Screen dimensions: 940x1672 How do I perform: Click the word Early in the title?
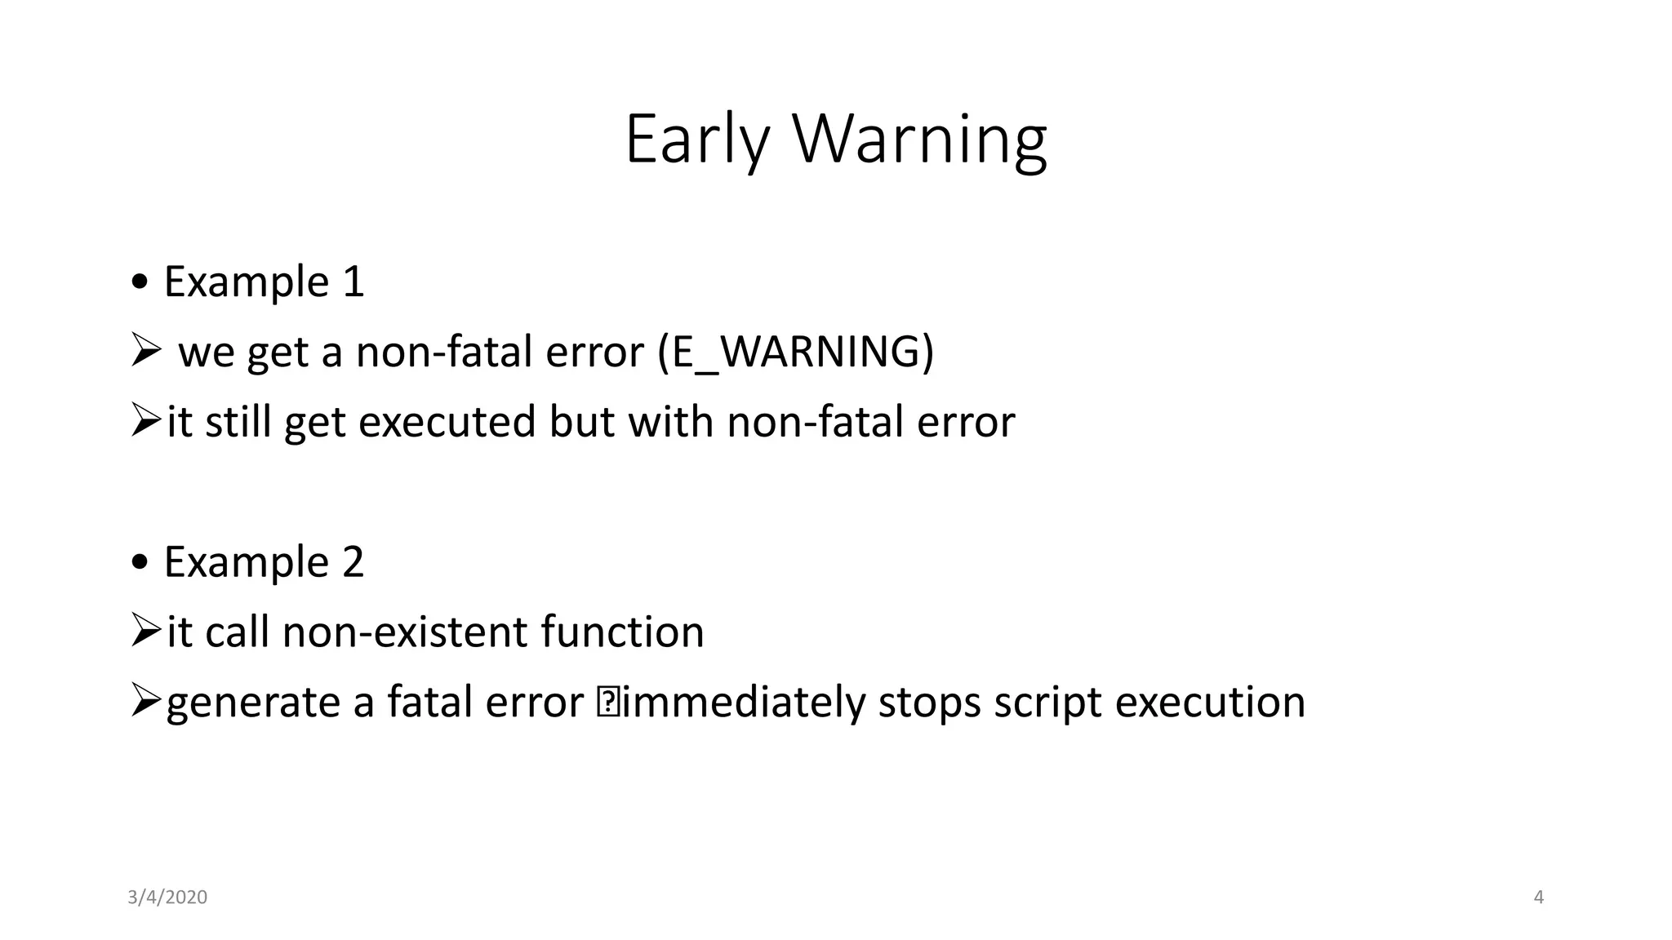(x=696, y=140)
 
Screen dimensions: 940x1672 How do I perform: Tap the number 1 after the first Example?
(x=354, y=282)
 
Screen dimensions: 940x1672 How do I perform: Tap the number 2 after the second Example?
(x=353, y=562)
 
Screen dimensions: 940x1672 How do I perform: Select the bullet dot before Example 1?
(x=140, y=282)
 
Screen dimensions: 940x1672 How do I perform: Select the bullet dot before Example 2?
(x=140, y=562)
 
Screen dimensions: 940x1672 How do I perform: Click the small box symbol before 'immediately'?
(x=608, y=703)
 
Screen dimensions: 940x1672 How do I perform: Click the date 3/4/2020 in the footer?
(x=167, y=898)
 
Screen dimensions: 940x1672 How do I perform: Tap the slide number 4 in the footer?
(x=1539, y=898)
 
